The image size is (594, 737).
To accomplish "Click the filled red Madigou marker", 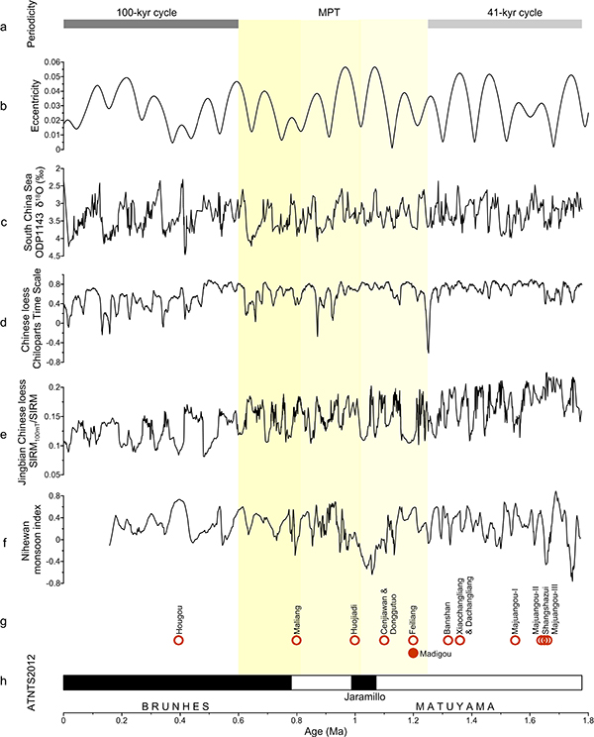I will point(414,653).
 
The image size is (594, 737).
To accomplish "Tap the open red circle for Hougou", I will point(178,640).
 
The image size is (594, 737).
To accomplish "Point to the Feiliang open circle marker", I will point(414,640).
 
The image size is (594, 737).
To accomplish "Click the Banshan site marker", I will point(447,640).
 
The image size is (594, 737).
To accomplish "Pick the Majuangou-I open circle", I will point(515,640).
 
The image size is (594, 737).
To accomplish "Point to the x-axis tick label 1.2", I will point(412,721).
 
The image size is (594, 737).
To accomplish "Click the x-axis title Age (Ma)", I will point(324,732).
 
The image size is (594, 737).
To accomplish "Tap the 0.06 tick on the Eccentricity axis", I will point(51,62).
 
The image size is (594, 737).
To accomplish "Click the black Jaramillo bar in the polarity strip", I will point(363,683).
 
